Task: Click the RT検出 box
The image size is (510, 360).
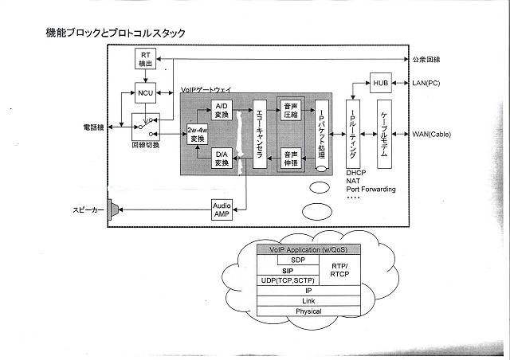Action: point(145,58)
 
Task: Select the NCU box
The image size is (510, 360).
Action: point(145,92)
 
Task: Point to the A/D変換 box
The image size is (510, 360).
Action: point(222,110)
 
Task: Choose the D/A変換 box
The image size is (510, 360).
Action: point(222,158)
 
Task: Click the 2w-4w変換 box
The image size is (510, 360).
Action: point(196,134)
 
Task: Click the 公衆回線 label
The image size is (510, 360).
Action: point(428,60)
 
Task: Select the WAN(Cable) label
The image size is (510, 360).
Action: point(431,134)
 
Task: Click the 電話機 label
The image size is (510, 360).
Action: point(93,127)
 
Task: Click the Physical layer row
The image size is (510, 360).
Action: point(308,311)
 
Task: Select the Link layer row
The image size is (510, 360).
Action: point(308,301)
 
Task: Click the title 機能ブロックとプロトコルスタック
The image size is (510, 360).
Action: point(116,33)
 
